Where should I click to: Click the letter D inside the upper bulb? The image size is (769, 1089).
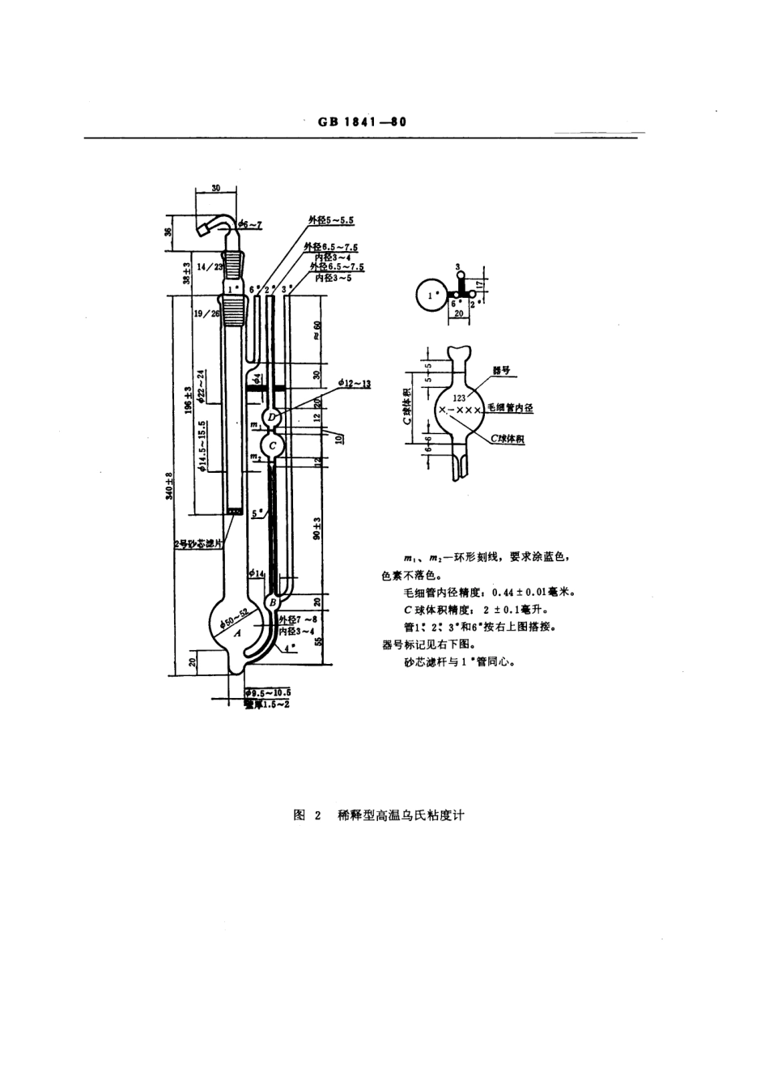click(273, 416)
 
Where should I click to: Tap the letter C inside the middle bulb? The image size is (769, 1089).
click(273, 445)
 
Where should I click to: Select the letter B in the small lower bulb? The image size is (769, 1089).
click(273, 602)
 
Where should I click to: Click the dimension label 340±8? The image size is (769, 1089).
click(170, 486)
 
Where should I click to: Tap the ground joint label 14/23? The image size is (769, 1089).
click(210, 266)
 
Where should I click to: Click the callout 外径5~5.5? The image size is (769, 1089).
click(330, 219)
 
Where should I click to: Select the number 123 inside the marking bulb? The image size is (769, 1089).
click(460, 398)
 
